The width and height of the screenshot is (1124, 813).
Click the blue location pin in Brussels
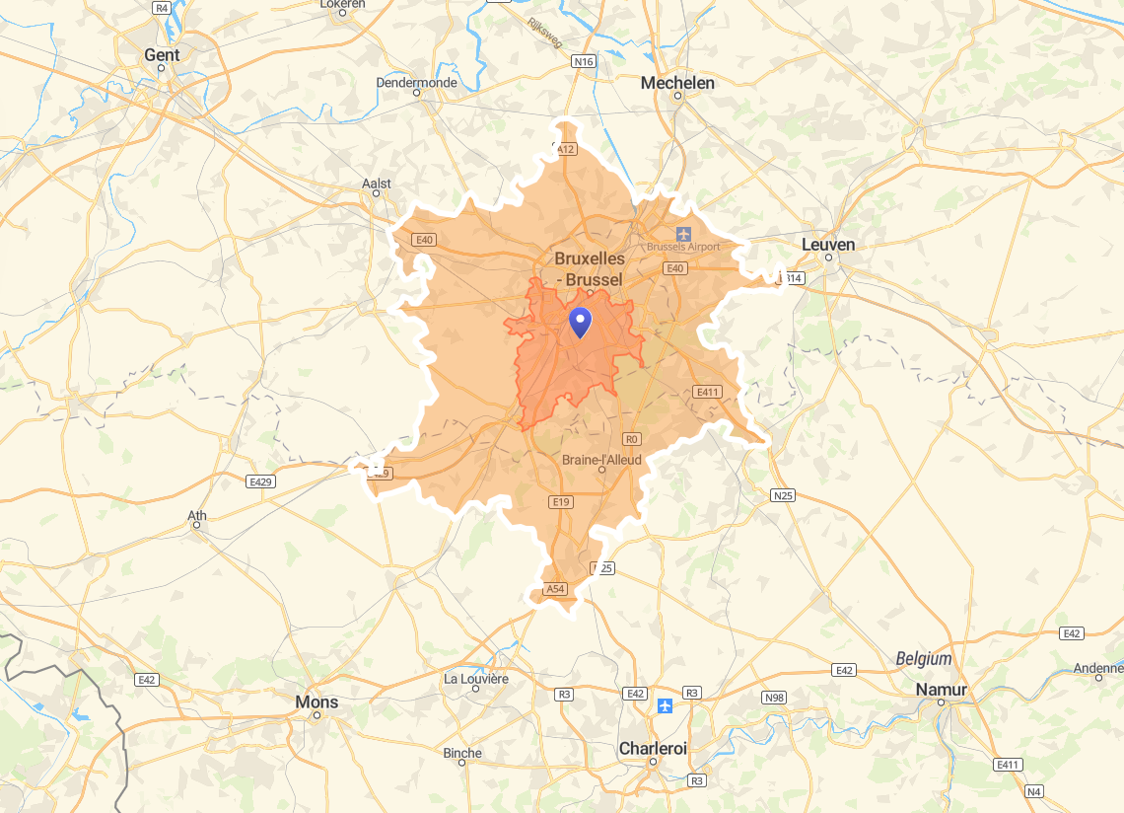(581, 322)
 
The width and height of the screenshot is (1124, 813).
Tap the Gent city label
(162, 55)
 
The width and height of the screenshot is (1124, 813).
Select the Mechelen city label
(677, 83)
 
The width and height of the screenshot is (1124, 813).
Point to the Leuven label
(828, 244)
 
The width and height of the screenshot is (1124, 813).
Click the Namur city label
(941, 689)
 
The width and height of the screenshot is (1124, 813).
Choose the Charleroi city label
(653, 748)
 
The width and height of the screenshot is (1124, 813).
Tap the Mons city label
(316, 702)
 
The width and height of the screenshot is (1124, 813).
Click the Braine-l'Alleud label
(601, 460)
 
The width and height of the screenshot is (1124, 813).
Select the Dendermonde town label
(416, 83)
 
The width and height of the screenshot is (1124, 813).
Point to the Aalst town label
(377, 184)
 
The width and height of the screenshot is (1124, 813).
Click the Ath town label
(197, 515)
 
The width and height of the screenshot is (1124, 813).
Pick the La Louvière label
(476, 679)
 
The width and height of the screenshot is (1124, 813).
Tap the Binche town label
(462, 753)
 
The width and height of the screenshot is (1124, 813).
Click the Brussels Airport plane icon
(684, 233)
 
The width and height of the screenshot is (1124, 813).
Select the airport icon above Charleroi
(666, 705)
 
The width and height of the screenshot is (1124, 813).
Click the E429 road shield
(260, 481)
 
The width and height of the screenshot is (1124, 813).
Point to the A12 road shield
(565, 149)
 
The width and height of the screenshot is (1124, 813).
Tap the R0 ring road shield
(632, 439)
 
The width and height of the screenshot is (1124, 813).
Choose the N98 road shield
(775, 698)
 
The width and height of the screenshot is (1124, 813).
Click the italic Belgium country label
(924, 658)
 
